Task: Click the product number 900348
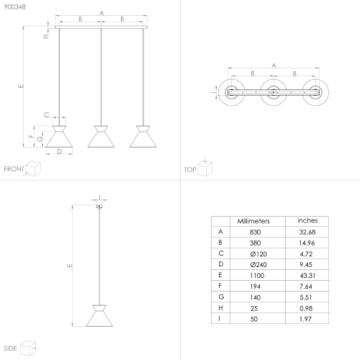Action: click(15, 7)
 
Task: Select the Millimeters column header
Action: click(253, 221)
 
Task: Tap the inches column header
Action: click(307, 220)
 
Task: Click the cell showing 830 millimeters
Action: click(255, 232)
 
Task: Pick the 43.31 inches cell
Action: click(307, 276)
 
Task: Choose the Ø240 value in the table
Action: click(258, 265)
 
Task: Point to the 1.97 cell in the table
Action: click(305, 319)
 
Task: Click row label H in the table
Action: click(220, 308)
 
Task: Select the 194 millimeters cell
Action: click(255, 287)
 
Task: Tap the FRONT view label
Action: click(14, 169)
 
